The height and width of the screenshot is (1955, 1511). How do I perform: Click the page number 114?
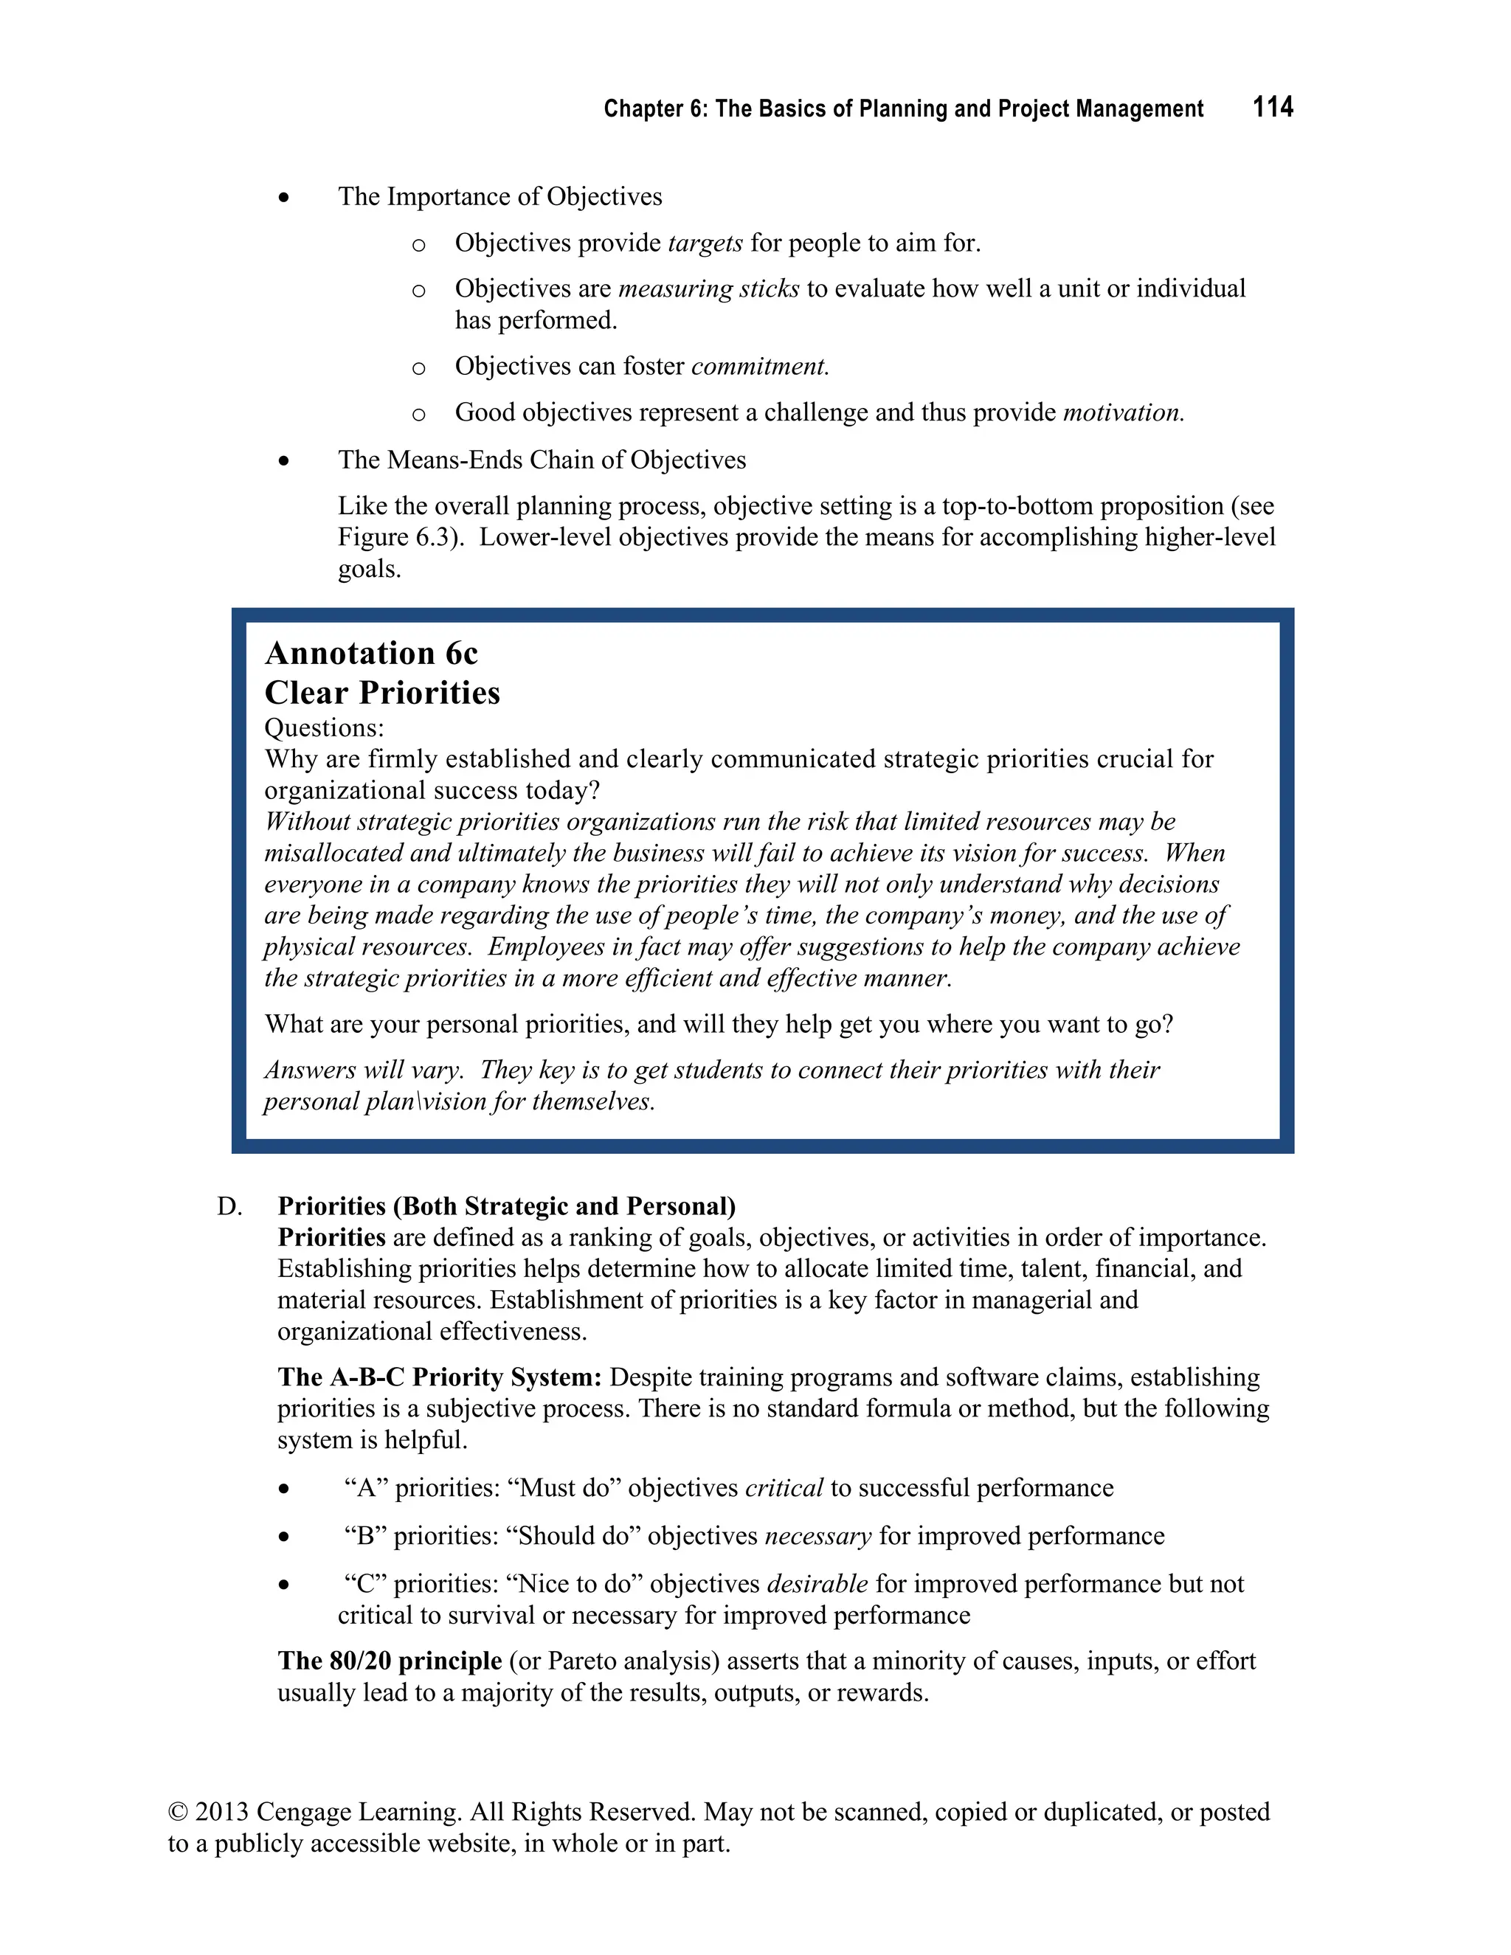pyautogui.click(x=1272, y=108)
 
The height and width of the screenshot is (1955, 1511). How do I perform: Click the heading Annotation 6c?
pyautogui.click(x=372, y=654)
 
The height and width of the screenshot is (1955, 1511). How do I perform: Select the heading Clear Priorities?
pyautogui.click(x=382, y=693)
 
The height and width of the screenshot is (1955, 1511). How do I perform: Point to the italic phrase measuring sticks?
pyautogui.click(x=709, y=289)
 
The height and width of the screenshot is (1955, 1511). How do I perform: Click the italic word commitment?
pyautogui.click(x=760, y=367)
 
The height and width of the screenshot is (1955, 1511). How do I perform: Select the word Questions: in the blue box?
pyautogui.click(x=324, y=727)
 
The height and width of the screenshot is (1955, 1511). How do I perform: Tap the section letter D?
pyautogui.click(x=229, y=1207)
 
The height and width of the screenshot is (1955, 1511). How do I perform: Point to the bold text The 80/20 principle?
pyautogui.click(x=390, y=1661)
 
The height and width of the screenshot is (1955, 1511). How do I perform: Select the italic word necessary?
pyautogui.click(x=818, y=1536)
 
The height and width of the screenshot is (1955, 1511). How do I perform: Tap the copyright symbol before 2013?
pyautogui.click(x=178, y=1812)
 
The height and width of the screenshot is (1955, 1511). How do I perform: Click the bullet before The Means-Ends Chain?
pyautogui.click(x=284, y=461)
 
